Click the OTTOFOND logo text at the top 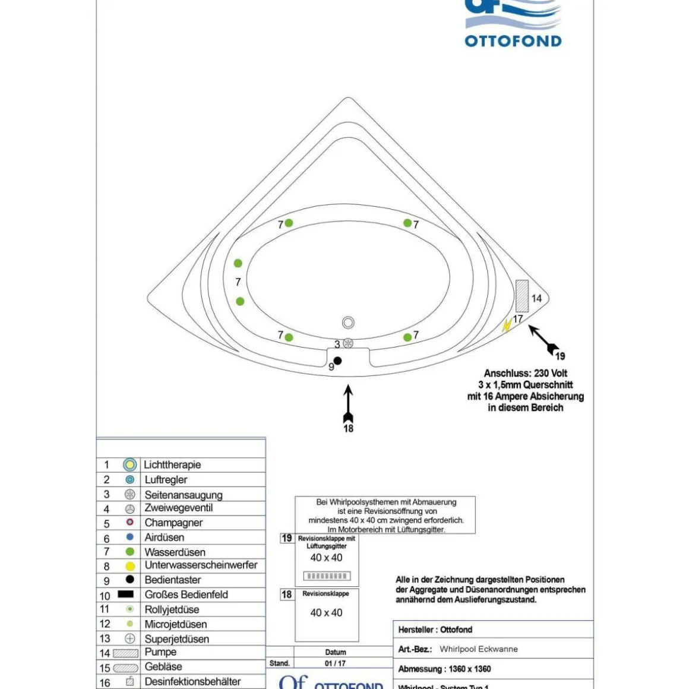pos(513,41)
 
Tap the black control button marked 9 pos(337,361)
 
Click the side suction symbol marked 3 pos(348,343)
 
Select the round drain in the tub pos(348,323)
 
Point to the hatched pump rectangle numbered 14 pos(522,296)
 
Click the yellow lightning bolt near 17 pos(507,325)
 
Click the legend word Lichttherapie pos(172,464)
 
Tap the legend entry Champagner pos(173,523)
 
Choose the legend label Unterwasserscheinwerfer pos(201,565)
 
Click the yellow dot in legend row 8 pos(130,566)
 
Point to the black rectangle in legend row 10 pos(125,594)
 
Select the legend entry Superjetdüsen pos(176,639)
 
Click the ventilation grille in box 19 pos(327,576)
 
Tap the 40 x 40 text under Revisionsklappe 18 pos(326,612)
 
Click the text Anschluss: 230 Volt pos(525,373)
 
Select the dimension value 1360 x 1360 pos(469,669)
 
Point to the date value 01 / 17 pos(335,663)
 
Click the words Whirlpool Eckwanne pos(478,649)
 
